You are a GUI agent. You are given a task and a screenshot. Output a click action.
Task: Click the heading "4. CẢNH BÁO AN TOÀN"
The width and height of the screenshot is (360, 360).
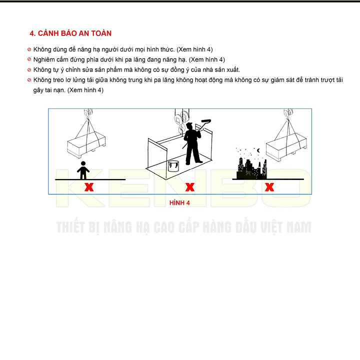[70, 33]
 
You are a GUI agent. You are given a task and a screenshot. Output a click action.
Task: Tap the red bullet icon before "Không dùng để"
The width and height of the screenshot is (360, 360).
[29, 49]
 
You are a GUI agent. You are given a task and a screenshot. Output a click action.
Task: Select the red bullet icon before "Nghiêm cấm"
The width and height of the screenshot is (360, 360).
[29, 59]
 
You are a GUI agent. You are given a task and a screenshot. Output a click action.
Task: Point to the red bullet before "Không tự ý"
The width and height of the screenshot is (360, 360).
[29, 69]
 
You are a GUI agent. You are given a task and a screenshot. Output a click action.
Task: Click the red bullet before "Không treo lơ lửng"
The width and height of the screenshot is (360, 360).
[29, 80]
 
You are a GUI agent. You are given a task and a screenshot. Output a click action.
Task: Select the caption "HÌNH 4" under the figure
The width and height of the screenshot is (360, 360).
[180, 202]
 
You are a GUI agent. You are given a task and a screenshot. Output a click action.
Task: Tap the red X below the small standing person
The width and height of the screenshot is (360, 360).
[89, 187]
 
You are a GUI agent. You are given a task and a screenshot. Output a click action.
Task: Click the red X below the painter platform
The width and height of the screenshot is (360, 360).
[190, 187]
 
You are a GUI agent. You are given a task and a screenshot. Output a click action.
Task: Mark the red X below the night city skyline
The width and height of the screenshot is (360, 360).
[269, 187]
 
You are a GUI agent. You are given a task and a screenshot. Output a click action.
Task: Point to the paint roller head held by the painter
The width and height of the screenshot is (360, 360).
[205, 120]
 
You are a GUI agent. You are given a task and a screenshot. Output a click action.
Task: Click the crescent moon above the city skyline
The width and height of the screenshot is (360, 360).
[258, 150]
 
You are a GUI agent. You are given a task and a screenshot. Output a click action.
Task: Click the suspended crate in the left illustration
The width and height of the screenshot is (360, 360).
[87, 145]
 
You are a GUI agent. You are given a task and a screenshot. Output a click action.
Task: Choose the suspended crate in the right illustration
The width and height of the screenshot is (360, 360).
[285, 147]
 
